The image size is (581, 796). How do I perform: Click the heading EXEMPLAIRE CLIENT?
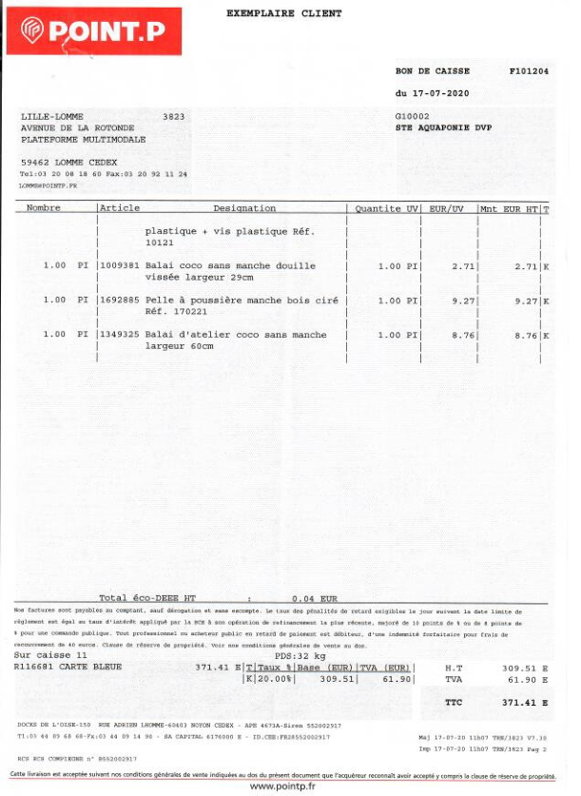click(x=283, y=14)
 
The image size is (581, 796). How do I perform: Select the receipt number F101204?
click(x=529, y=70)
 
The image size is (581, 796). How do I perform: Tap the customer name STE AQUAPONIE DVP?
click(x=443, y=126)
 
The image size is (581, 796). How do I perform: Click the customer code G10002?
click(x=412, y=115)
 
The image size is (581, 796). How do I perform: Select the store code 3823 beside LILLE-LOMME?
click(x=173, y=116)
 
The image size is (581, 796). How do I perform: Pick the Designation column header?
click(x=244, y=208)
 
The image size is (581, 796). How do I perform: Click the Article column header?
click(x=120, y=208)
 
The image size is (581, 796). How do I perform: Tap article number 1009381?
click(x=120, y=266)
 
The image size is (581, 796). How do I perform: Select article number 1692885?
click(x=120, y=301)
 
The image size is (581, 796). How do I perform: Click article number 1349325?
click(x=120, y=335)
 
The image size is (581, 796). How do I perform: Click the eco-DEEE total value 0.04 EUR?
click(x=314, y=598)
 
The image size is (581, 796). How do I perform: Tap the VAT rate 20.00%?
click(x=272, y=680)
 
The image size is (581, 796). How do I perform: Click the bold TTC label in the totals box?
click(x=454, y=703)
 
